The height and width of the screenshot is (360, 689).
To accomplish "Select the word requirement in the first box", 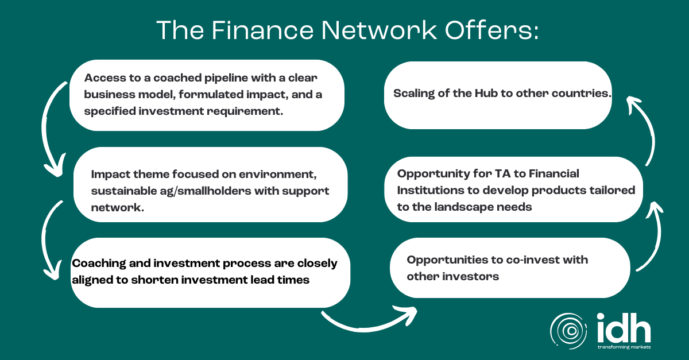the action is [245, 111].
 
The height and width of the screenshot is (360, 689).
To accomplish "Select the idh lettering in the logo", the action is [624, 327].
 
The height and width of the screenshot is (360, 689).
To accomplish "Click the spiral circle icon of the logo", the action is [568, 331].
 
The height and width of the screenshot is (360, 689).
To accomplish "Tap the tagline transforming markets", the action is [624, 347].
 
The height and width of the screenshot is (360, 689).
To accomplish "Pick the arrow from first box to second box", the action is [49, 129].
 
